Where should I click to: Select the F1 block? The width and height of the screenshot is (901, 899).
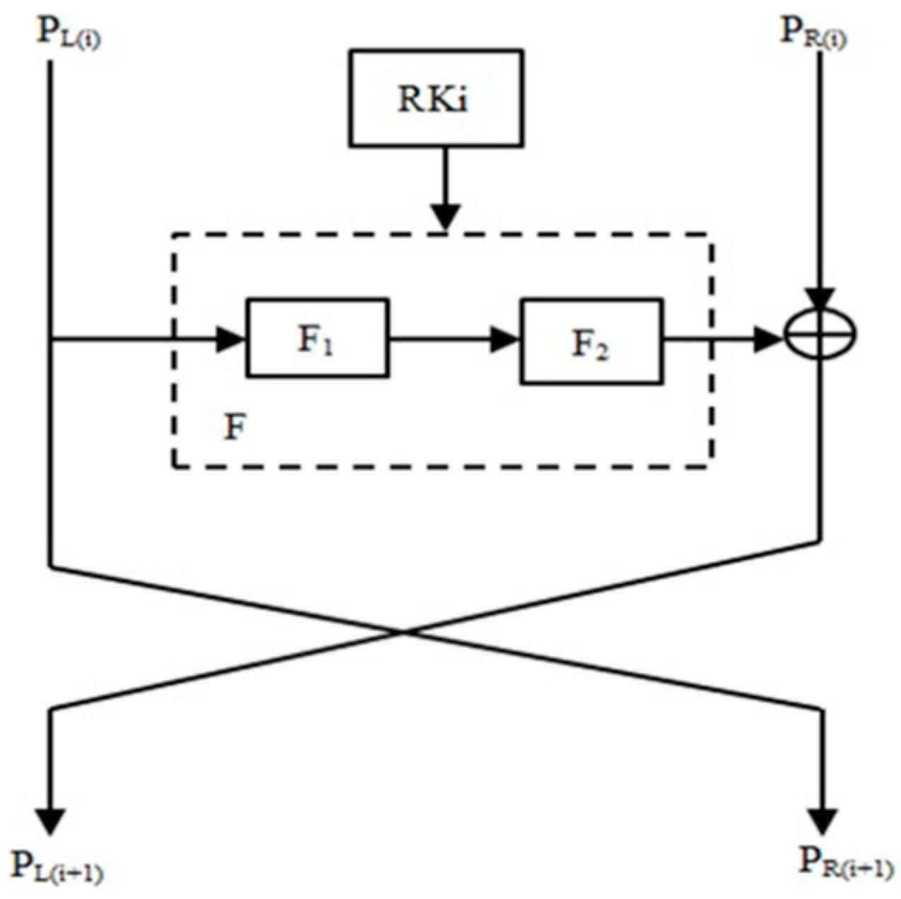317,338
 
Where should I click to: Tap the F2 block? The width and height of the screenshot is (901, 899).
592,342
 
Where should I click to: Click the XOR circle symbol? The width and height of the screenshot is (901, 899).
821,332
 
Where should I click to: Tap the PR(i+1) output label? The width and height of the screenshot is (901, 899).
846,863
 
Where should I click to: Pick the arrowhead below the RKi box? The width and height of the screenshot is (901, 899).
444,215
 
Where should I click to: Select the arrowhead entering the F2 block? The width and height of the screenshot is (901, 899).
505,340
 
